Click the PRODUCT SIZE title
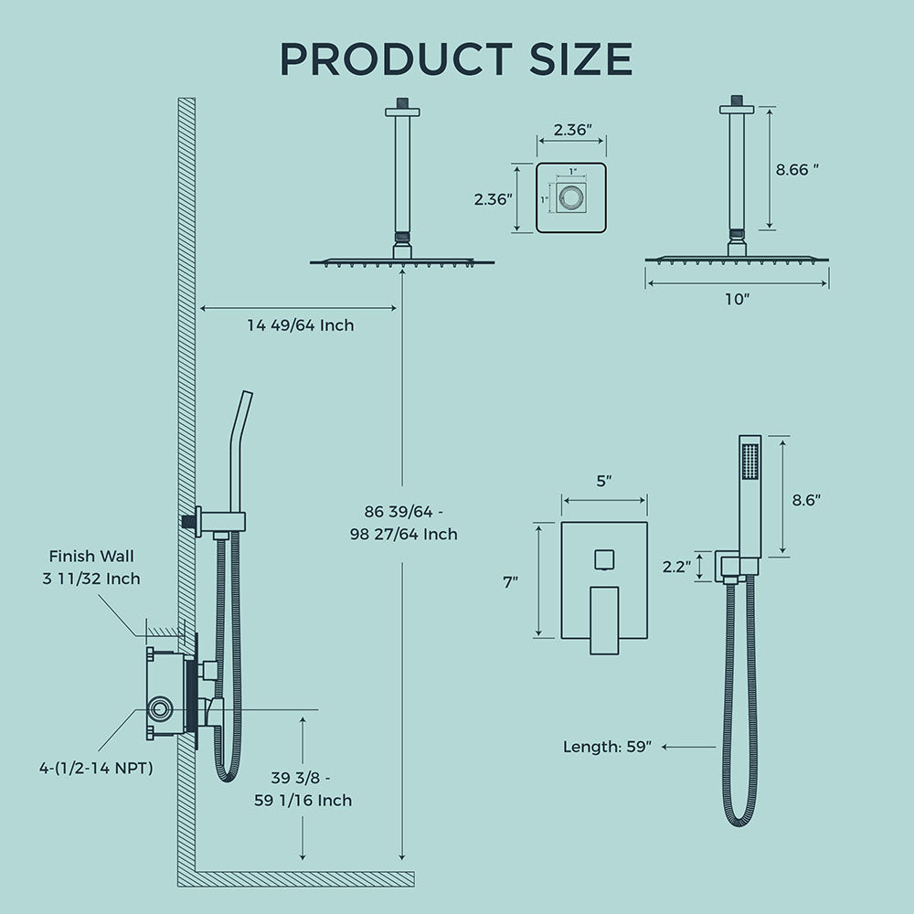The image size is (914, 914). (456, 58)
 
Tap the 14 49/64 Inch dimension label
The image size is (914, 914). (301, 324)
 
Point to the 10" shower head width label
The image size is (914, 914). (736, 300)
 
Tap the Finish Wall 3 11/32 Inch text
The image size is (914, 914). (95, 567)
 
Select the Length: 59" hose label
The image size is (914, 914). (607, 747)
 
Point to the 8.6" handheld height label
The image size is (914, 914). (806, 500)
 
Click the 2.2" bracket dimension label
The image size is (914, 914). (677, 567)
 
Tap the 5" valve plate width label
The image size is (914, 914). (603, 482)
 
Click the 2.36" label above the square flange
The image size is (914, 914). (572, 130)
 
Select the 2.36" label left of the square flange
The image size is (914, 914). (493, 198)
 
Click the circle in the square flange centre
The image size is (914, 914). (572, 198)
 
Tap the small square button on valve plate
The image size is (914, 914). (603, 558)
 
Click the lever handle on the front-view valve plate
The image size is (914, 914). (603, 620)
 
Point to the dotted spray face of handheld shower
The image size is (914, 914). (751, 462)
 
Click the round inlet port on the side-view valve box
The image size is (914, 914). (162, 708)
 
